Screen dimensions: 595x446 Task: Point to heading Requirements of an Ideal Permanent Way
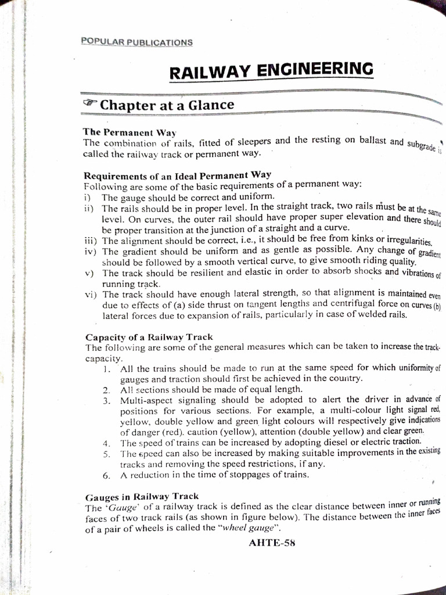pos(178,174)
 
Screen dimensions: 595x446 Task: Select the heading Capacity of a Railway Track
pos(149,337)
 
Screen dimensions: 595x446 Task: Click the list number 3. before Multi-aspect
pos(106,400)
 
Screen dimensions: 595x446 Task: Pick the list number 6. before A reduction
pos(106,475)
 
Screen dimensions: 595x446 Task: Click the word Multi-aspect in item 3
pos(146,400)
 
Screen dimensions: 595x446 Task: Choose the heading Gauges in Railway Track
pos(142,497)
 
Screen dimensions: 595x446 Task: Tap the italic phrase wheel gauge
pos(251,528)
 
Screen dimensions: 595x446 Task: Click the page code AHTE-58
pos(272,543)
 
